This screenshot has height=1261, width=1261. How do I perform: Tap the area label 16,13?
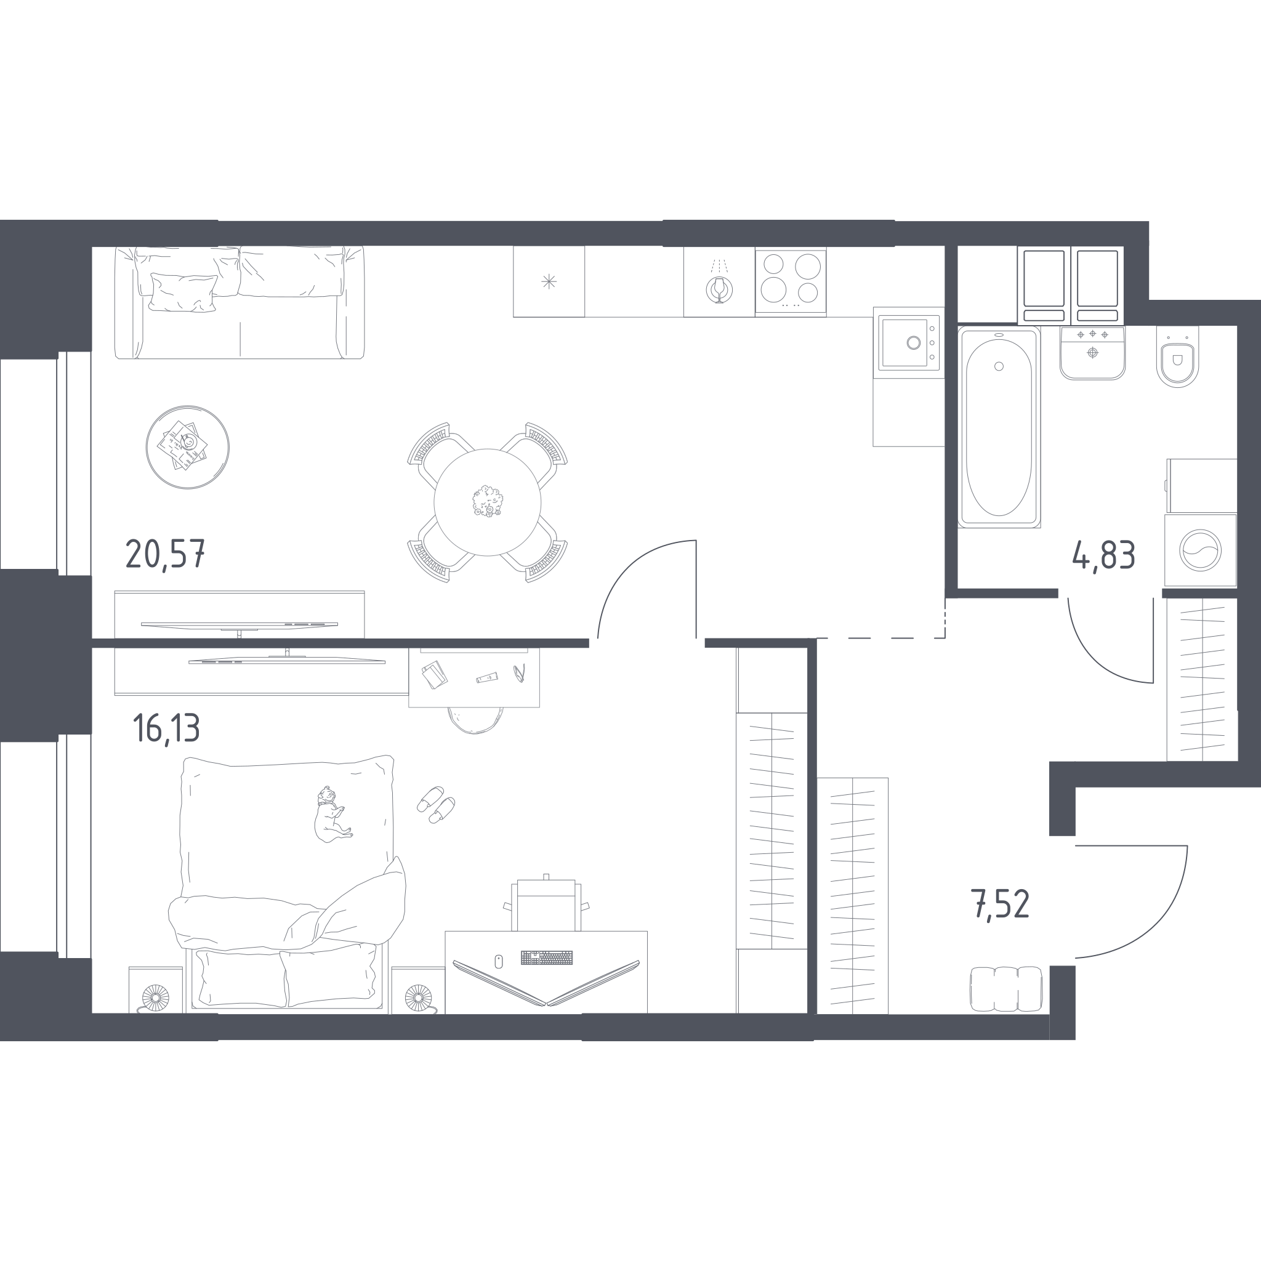pyautogui.click(x=166, y=728)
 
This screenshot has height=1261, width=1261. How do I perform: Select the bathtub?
pyautogui.click(x=999, y=427)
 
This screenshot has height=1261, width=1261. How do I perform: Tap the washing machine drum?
pyautogui.click(x=1200, y=550)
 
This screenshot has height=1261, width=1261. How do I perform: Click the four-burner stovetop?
pyautogui.click(x=791, y=281)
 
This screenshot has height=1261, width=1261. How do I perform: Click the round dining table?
pyautogui.click(x=488, y=502)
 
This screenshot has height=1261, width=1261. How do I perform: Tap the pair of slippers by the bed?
pyautogui.click(x=436, y=804)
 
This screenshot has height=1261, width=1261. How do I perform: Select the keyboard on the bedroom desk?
pyautogui.click(x=546, y=957)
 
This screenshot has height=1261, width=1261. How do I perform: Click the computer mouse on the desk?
pyautogui.click(x=499, y=961)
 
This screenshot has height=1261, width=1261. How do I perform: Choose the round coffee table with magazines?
pyautogui.click(x=187, y=447)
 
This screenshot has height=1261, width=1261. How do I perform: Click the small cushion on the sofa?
pyautogui.click(x=183, y=292)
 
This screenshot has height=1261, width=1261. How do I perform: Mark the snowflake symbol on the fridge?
pyautogui.click(x=549, y=282)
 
